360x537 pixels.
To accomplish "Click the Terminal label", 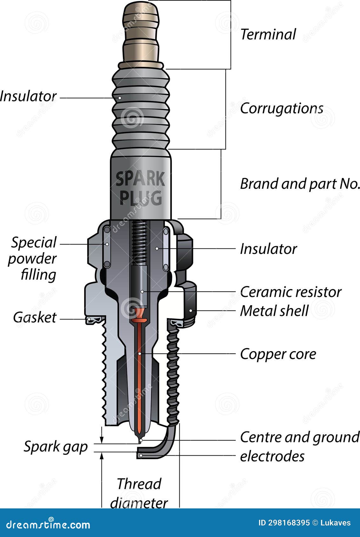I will coord(268,34).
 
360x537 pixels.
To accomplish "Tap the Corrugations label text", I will coord(281,108).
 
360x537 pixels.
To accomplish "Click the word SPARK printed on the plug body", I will coord(140,180).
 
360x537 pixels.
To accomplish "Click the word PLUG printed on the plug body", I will coord(141,199).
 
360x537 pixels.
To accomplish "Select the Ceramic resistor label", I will coord(290,292).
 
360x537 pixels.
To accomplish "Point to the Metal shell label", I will coord(274,311).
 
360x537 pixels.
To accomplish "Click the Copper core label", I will coord(278,354).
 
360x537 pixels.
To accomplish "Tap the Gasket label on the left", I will coord(35,317).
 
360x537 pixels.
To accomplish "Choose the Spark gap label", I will coord(56,447).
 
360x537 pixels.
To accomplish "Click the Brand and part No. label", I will coord(300,184).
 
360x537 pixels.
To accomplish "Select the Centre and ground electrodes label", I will coord(299,446).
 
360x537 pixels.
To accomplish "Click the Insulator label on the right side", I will coord(268,249).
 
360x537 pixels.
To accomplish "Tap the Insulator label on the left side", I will coord(28,96).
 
